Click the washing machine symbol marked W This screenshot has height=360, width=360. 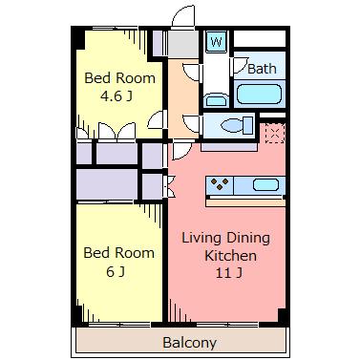217,41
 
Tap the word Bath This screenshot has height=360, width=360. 262,69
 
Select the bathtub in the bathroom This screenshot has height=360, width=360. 260,94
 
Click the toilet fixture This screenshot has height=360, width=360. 238,125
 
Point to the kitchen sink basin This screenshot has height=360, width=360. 266,184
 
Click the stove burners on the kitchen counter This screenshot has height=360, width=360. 220,183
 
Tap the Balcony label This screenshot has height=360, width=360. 190,343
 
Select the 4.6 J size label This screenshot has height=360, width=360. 116,95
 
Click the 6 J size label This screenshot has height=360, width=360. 116,271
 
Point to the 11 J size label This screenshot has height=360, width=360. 229,273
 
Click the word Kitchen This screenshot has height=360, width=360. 230,256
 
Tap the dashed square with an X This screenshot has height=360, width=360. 275,133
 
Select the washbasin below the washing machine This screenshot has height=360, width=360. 216,100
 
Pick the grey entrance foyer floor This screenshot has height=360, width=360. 183,44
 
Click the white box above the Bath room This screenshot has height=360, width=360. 260,38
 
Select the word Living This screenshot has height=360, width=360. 201,239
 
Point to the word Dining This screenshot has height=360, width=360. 248,238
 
